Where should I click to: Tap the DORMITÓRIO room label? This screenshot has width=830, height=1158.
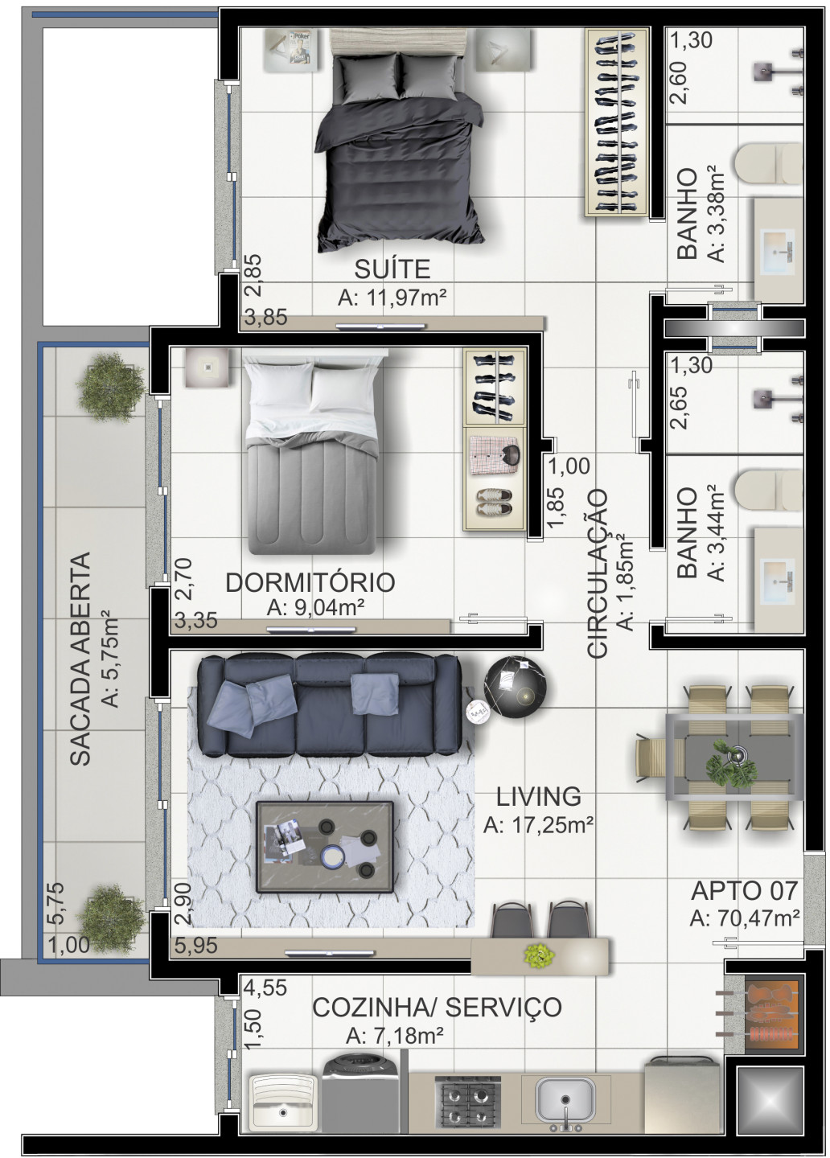(310, 582)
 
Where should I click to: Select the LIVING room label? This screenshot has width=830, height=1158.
(538, 796)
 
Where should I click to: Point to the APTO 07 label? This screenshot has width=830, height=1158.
(744, 890)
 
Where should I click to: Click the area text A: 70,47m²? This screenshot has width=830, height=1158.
(744, 918)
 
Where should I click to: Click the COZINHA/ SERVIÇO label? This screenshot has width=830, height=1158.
(437, 1007)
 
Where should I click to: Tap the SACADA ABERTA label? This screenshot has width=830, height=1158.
(79, 658)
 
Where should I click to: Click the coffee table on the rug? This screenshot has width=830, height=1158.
(325, 847)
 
